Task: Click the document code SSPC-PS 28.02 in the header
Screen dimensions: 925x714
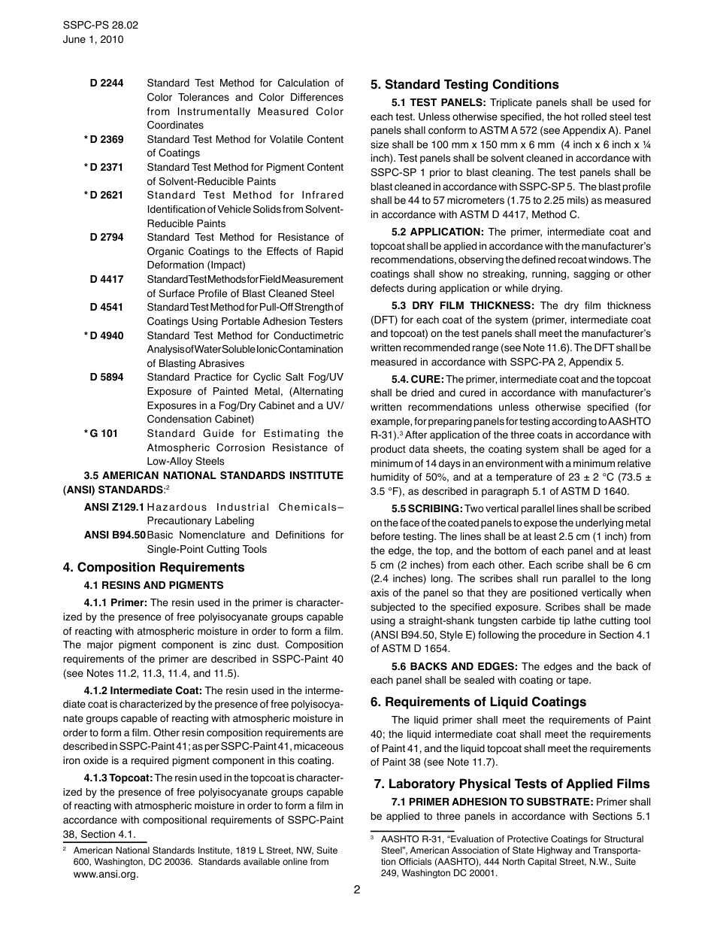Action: [x=101, y=25]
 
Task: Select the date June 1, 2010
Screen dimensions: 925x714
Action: [x=93, y=39]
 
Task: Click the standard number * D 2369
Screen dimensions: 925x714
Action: [x=104, y=139]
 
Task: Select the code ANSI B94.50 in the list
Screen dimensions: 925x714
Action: [x=115, y=535]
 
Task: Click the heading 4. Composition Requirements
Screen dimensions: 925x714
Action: [x=153, y=567]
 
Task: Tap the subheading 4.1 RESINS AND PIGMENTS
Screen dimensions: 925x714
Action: [x=153, y=585]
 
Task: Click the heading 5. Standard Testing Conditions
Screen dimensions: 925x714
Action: [x=464, y=84]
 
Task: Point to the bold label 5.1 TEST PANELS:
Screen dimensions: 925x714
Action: [x=439, y=102]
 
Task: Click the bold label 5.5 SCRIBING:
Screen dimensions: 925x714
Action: [x=428, y=508]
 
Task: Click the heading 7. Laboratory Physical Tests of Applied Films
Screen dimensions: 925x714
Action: [x=511, y=784]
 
